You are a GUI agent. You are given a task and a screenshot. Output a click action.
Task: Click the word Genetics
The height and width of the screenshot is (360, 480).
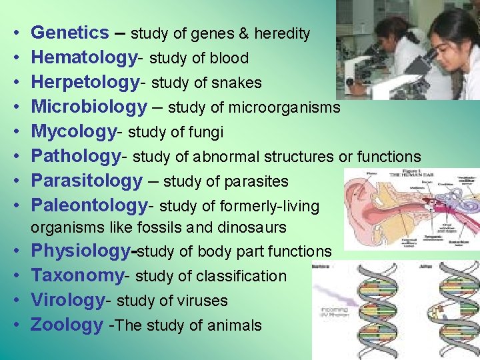coord(70,33)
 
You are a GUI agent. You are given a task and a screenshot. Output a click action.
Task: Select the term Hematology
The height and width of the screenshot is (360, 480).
coord(83,58)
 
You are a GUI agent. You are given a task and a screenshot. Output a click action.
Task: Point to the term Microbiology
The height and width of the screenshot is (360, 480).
coord(89,107)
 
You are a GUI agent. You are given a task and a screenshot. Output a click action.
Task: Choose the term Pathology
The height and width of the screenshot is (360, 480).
coord(75,157)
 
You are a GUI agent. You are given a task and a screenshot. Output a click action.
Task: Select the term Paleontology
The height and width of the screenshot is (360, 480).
coord(89,205)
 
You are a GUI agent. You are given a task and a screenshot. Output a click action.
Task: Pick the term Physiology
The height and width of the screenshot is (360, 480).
coord(79,251)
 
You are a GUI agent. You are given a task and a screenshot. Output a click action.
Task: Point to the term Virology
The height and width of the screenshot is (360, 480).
coord(67,301)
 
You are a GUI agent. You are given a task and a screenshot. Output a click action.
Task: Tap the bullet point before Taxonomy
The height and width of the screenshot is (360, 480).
coord(15,276)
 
